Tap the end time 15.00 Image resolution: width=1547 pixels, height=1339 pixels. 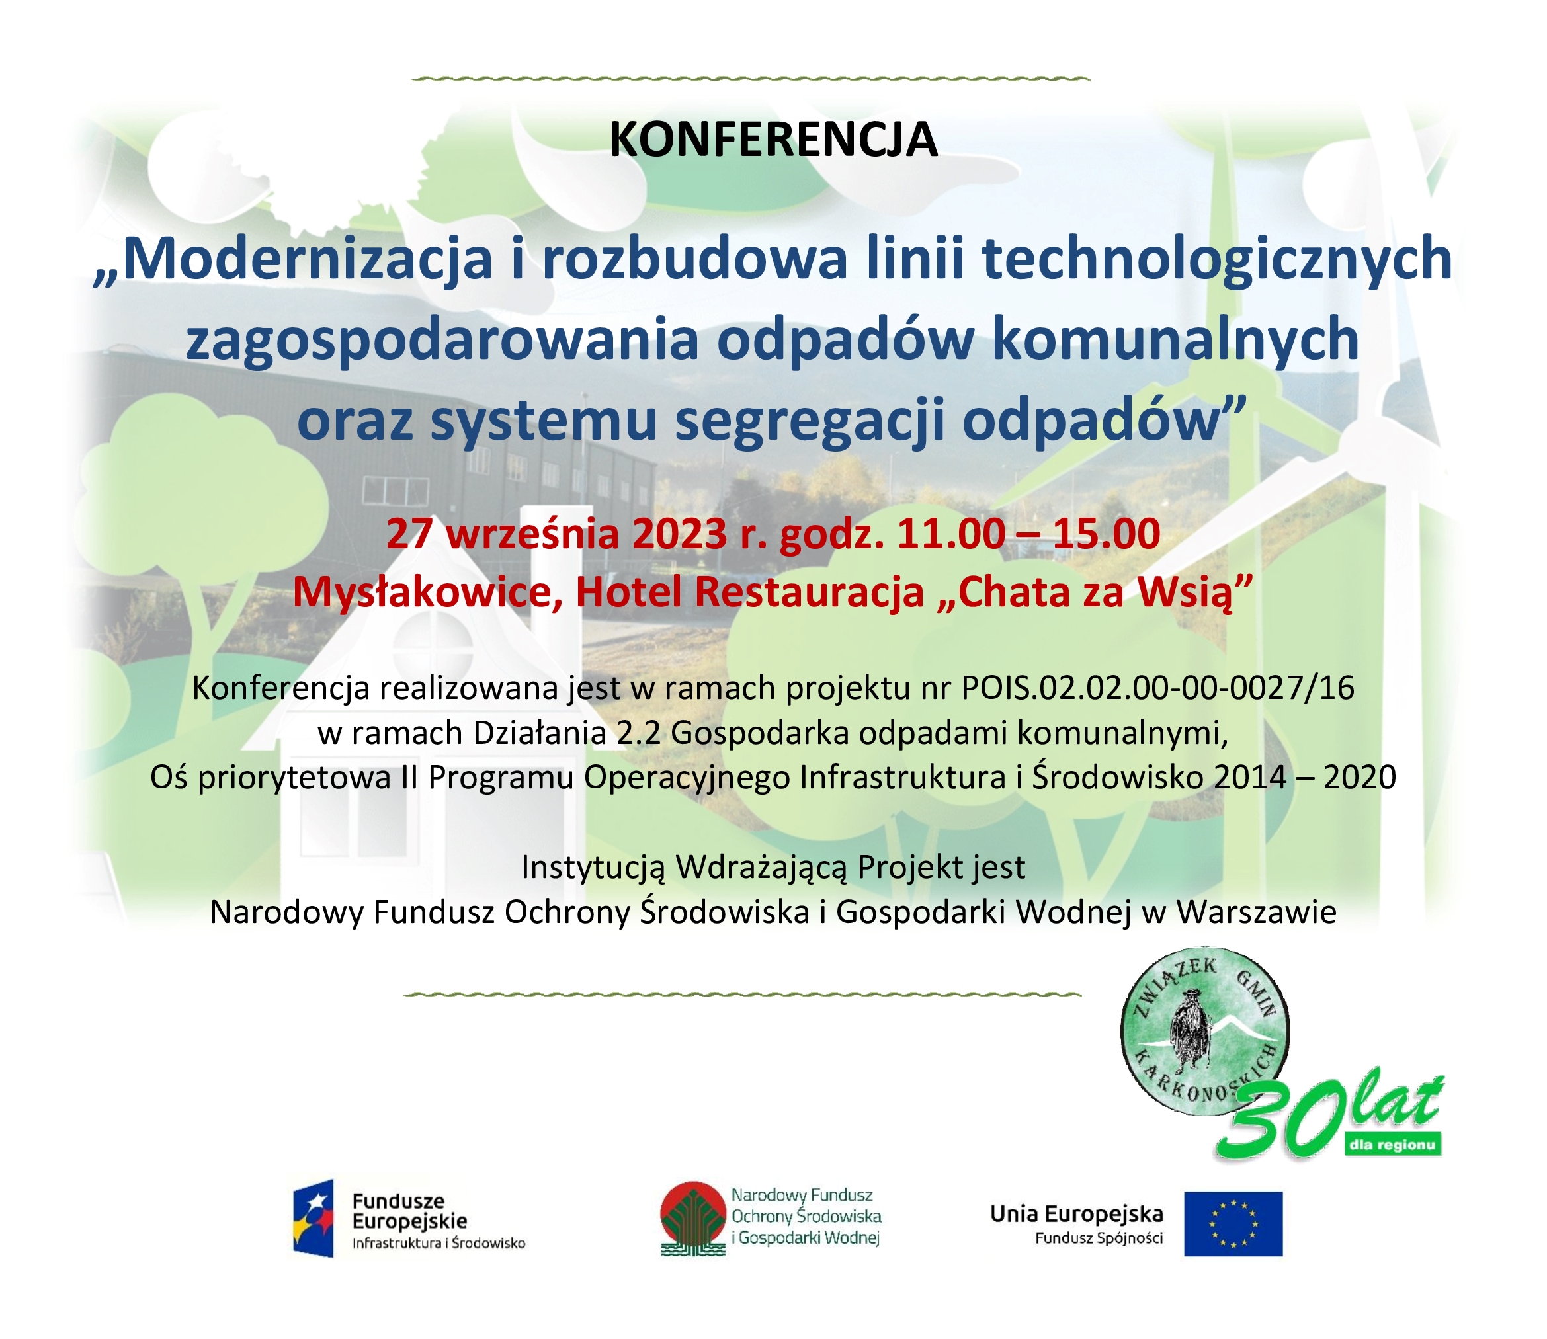(1106, 534)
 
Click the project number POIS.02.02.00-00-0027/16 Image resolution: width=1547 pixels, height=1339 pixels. (1157, 688)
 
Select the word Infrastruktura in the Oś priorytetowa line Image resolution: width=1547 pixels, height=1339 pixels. (903, 778)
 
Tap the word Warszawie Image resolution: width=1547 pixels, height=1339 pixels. (1256, 913)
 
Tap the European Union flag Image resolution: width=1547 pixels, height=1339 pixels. (1233, 1224)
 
